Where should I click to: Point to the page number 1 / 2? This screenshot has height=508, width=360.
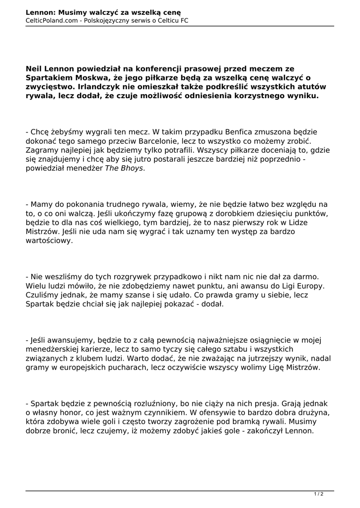coord(318,494)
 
